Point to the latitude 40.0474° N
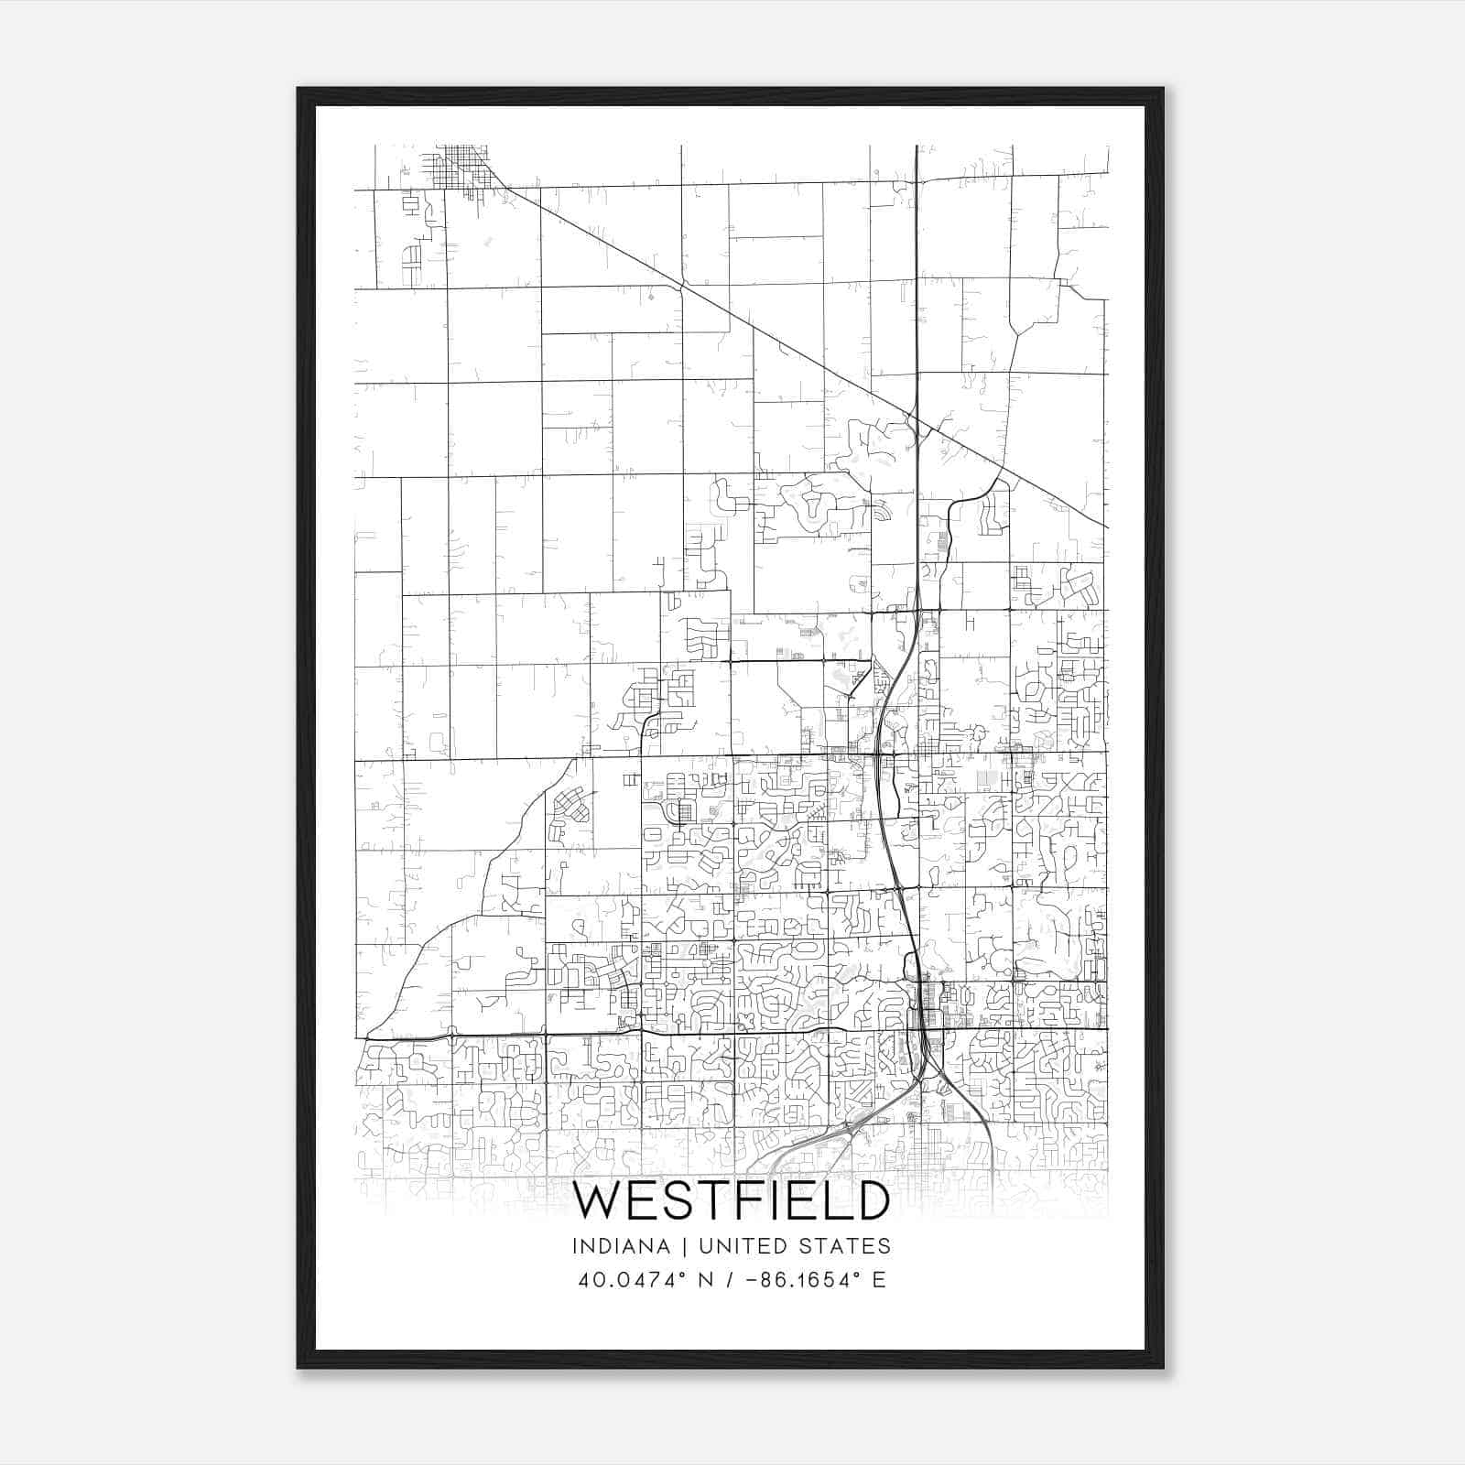(x=643, y=1280)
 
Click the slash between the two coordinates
(x=729, y=1280)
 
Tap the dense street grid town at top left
(x=462, y=167)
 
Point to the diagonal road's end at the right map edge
(x=1107, y=526)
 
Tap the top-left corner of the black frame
(x=298, y=90)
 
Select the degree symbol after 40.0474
(x=682, y=1274)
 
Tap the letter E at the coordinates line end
(x=879, y=1280)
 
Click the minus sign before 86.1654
(x=754, y=1280)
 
